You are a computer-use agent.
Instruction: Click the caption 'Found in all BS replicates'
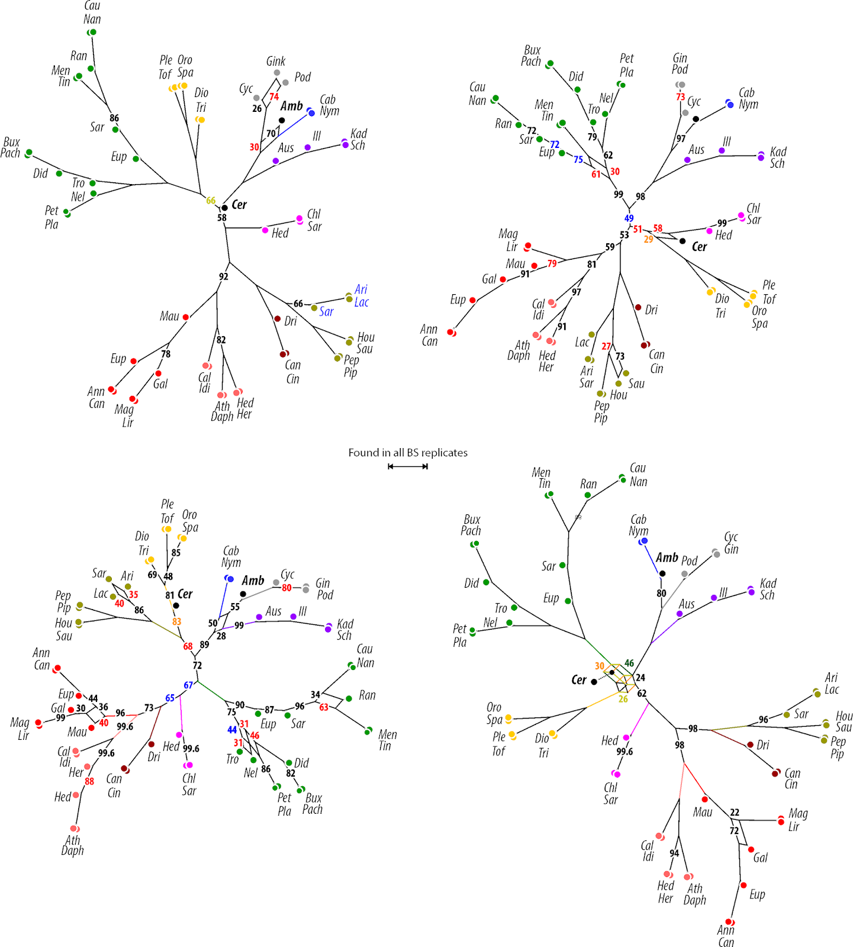(x=407, y=453)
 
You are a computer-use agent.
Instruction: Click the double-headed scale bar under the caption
(x=407, y=466)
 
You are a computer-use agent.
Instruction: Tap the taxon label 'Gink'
(x=275, y=61)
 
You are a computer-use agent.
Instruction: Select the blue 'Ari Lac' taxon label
(x=361, y=296)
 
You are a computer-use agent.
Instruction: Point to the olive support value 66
(x=211, y=201)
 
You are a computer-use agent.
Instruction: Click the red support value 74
(x=274, y=96)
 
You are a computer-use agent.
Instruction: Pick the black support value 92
(x=223, y=276)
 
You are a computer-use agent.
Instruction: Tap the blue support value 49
(x=629, y=218)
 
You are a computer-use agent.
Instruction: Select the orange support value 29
(x=649, y=239)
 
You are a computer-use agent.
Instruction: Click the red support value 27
(x=606, y=346)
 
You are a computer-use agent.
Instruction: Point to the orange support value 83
(x=176, y=621)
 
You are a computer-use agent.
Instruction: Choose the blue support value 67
(x=188, y=685)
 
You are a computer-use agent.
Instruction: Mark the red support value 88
(x=89, y=781)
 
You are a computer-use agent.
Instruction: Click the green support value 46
(x=629, y=663)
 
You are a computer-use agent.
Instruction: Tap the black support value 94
(x=674, y=853)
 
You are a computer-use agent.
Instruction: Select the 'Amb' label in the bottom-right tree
(x=667, y=558)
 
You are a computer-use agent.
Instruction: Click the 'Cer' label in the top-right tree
(x=699, y=247)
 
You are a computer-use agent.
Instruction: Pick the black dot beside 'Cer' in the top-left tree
(x=224, y=208)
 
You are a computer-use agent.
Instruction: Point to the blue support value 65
(x=170, y=698)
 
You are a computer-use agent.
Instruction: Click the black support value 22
(x=735, y=813)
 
